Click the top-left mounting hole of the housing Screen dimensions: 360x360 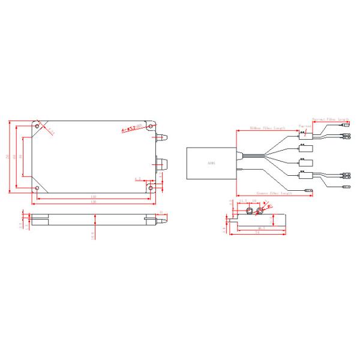(x=38, y=127)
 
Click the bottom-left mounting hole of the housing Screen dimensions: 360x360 (x=38, y=188)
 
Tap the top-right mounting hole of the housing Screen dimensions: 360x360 (x=150, y=127)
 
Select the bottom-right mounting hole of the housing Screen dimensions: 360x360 (x=150, y=188)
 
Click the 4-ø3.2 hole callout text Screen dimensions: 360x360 (x=131, y=128)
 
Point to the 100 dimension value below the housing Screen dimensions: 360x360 (x=94, y=197)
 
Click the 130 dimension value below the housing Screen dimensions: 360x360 (x=94, y=202)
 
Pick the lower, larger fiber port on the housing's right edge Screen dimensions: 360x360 (x=163, y=163)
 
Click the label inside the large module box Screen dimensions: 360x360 (x=209, y=163)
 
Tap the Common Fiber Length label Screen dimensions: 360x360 (x=273, y=194)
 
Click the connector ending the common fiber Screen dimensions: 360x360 (x=308, y=192)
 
